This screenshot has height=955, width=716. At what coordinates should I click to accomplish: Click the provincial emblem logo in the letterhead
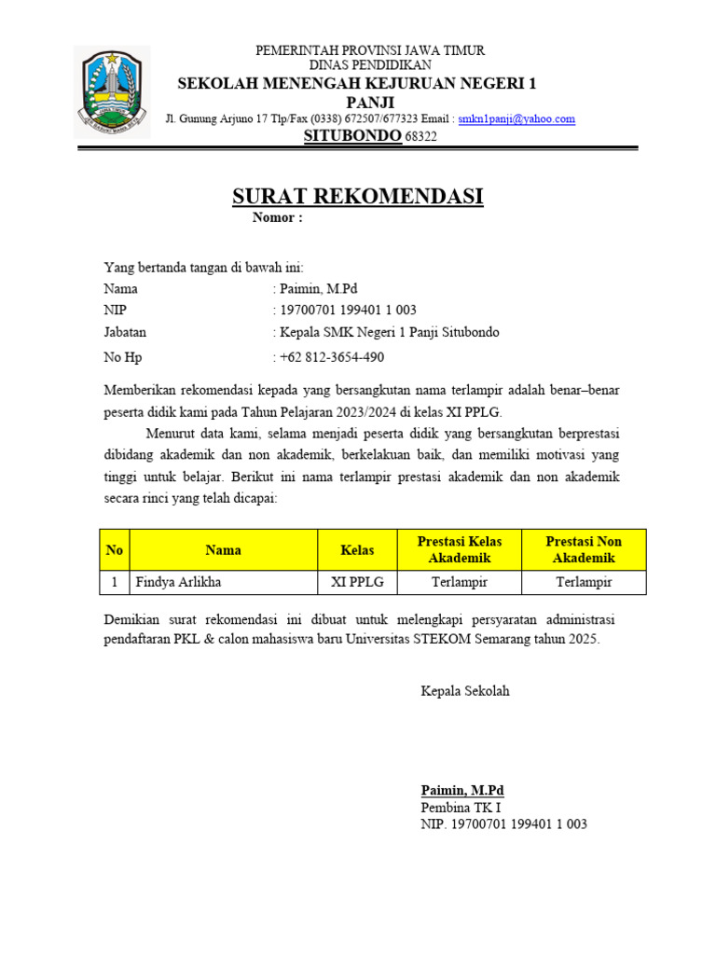112,91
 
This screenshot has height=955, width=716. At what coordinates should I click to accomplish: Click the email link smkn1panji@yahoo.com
516,118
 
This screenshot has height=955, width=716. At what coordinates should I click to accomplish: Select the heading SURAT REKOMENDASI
357,197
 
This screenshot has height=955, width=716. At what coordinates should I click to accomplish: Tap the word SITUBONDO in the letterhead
352,136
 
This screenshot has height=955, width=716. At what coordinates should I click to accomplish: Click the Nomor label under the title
277,218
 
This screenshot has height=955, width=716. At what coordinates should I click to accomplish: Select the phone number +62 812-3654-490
331,357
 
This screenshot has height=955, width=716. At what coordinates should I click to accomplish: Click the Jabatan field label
125,332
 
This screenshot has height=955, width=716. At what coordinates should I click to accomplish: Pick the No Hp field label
123,357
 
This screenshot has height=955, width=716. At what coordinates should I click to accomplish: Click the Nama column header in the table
224,550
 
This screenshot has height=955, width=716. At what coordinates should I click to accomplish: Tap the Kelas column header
357,550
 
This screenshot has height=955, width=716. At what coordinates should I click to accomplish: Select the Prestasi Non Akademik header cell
584,550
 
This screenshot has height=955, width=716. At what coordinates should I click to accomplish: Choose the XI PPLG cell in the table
357,583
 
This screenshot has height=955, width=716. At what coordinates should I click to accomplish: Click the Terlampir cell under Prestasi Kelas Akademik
460,583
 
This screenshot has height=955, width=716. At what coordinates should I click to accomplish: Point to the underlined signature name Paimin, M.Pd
462,790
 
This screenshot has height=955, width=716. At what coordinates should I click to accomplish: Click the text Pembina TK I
461,808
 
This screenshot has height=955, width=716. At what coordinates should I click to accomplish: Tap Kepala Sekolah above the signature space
465,691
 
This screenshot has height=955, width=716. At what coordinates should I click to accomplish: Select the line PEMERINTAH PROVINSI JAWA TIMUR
370,50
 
